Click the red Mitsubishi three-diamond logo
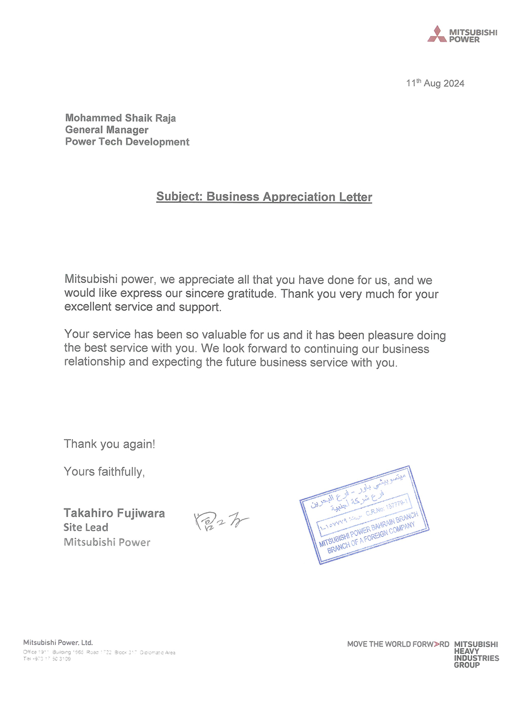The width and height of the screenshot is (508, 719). coord(437,34)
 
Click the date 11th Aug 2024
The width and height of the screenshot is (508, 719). coord(435,83)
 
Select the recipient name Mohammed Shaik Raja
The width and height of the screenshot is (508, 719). coord(121,118)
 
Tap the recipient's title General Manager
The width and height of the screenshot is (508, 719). coord(107,130)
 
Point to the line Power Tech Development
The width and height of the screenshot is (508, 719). coord(127,142)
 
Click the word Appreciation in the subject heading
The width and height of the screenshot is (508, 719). coord(299,197)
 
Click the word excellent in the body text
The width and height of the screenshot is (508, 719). coord(87,307)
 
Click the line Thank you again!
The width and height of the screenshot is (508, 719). coord(109,444)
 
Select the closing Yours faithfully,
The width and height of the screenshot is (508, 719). coord(104,472)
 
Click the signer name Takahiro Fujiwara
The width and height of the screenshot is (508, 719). coord(114,513)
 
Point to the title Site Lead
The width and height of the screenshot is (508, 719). coord(86,527)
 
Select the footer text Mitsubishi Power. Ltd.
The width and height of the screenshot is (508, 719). coord(58,642)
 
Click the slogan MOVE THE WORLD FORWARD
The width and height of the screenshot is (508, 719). coord(398,644)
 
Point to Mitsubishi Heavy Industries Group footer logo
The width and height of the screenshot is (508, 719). coord(476,654)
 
